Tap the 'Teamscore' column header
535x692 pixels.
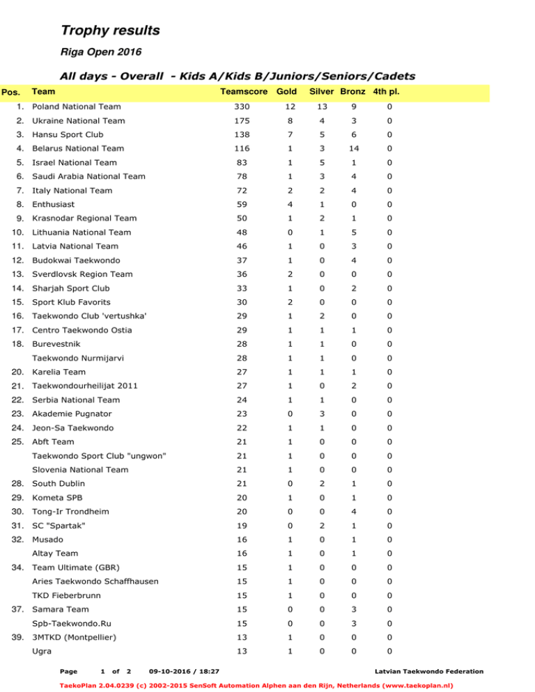(x=243, y=92)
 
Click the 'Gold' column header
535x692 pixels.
(x=287, y=92)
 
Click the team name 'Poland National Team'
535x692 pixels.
(x=77, y=107)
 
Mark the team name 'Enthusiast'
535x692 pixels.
(x=54, y=205)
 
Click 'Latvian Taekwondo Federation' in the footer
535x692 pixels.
(x=428, y=671)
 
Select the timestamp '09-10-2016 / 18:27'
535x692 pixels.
(x=183, y=671)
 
